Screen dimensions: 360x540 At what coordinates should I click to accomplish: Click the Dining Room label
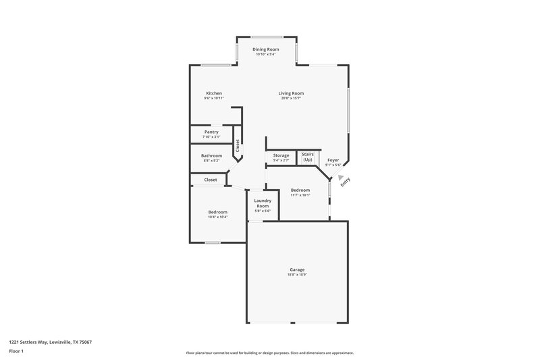tap(265, 49)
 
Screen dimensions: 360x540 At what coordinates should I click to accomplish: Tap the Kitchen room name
tap(214, 93)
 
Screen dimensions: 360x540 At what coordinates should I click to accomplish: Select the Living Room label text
tap(292, 93)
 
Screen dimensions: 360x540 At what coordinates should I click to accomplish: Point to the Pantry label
tap(211, 132)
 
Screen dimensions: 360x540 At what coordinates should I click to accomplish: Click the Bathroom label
tap(211, 155)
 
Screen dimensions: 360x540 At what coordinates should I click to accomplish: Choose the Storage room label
tap(281, 155)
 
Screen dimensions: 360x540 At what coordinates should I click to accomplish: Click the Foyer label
tap(333, 159)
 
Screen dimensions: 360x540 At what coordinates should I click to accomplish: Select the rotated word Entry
tap(346, 182)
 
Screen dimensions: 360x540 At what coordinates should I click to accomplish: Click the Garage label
tap(297, 269)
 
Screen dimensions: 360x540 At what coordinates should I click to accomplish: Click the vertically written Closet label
tap(237, 146)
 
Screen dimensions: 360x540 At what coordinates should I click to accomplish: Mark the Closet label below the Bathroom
tap(210, 180)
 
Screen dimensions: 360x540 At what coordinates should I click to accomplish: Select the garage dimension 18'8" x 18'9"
tap(297, 275)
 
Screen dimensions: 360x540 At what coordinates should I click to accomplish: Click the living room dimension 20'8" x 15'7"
tap(292, 99)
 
